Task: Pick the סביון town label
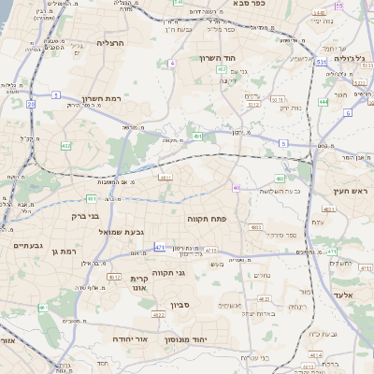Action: click(180, 304)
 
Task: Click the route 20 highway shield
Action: click(31, 104)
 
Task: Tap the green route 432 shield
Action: click(65, 146)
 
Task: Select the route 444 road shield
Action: click(323, 101)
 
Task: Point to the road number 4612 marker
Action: click(114, 277)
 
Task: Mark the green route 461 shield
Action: click(198, 137)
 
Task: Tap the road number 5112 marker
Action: click(253, 105)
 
